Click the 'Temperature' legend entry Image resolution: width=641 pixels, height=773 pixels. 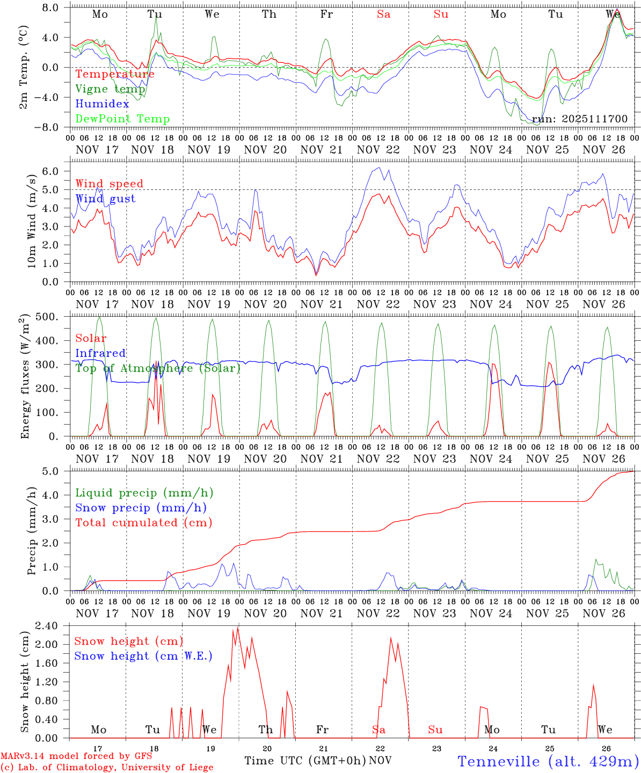pos(115,74)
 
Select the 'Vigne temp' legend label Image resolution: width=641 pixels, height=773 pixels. pos(110,89)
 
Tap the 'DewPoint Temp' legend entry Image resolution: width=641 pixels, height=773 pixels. pos(122,119)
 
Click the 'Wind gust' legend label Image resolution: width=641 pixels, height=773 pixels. pos(105,199)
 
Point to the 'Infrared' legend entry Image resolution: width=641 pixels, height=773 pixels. pos(100,353)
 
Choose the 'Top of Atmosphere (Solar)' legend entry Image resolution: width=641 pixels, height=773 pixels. pos(158,368)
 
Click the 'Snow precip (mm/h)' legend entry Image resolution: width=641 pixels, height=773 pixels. pos(141,508)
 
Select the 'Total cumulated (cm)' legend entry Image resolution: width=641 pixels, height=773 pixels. pos(143,523)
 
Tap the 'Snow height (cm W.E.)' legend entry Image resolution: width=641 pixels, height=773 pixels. pos(143,656)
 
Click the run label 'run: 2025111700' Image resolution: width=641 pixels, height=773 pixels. pos(579,119)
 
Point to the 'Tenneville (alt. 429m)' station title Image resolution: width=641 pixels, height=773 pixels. pos(548,761)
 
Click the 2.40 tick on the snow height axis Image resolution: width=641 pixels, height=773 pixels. pos(53,626)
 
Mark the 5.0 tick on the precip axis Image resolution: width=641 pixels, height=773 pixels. pos(57,471)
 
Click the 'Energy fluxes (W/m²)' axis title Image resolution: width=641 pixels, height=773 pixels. pos(25,378)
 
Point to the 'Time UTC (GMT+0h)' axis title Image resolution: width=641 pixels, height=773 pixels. pos(305,761)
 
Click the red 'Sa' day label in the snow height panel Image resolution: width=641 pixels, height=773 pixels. pos(379,730)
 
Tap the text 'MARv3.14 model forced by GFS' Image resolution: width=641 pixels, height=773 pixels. pos(76,756)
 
